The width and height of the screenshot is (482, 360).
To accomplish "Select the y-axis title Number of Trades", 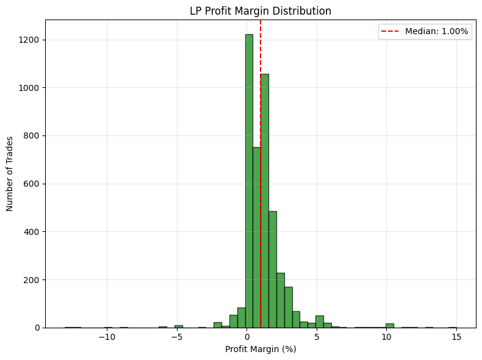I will tap(10, 173).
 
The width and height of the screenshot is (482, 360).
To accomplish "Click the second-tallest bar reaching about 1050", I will tap(265, 201).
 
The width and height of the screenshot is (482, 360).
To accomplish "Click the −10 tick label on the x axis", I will tap(107, 337).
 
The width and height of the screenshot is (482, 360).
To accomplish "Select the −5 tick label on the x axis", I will tap(177, 337).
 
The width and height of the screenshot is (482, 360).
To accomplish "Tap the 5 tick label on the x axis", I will tap(317, 337).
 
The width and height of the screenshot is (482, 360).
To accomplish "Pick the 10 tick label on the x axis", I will tap(386, 337).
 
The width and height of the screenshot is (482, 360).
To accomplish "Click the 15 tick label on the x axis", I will tap(456, 337).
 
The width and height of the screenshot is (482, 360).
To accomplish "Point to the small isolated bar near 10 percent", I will tap(389, 325).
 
